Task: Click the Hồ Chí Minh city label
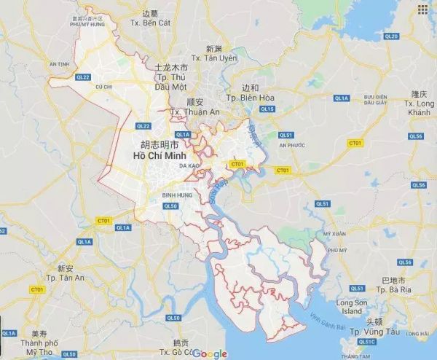(160, 156)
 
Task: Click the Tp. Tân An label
(71, 278)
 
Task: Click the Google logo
(210, 353)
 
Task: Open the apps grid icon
(422, 9)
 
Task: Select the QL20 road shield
(392, 36)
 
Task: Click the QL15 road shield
(267, 109)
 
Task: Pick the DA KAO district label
(190, 166)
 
